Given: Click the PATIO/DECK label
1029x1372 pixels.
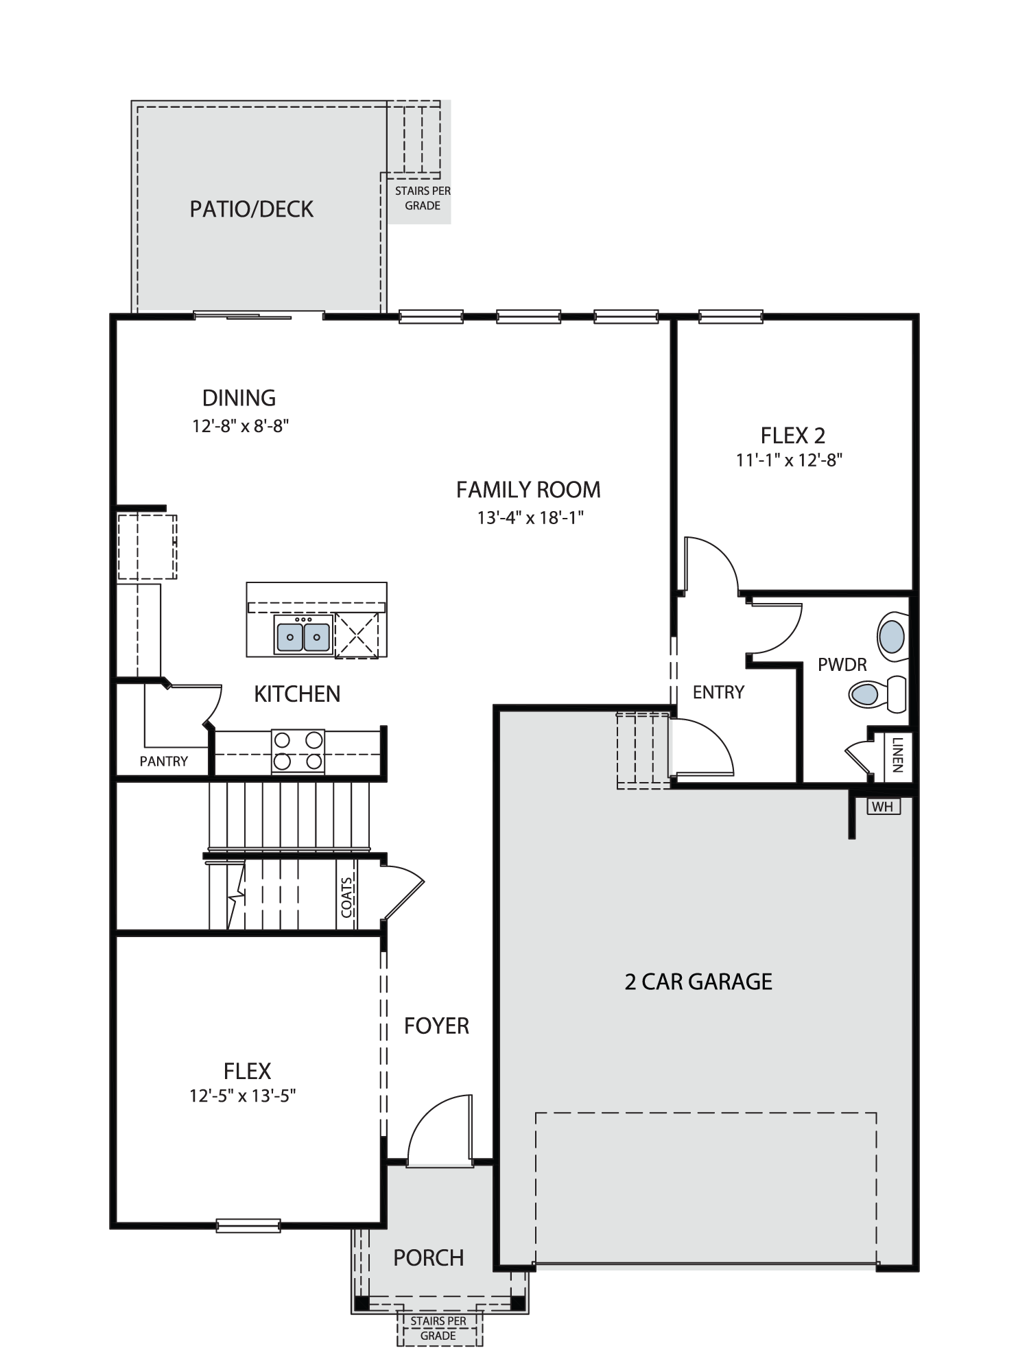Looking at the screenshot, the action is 251,209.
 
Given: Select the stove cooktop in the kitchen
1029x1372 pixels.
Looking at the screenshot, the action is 298,750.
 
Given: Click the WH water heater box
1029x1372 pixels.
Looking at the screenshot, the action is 884,807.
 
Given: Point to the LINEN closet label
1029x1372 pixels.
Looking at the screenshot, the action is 897,755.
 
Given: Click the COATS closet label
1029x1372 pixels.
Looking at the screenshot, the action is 346,897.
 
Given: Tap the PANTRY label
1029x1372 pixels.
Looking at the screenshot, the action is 163,761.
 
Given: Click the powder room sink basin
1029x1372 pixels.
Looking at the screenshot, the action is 892,637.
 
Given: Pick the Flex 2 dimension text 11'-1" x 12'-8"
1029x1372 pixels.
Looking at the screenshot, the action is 789,460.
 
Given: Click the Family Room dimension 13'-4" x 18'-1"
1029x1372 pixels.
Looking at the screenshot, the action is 530,517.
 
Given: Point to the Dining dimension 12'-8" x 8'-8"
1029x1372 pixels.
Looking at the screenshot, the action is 240,426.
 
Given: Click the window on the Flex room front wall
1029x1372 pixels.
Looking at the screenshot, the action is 248,1225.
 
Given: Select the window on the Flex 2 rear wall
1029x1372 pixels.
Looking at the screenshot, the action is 731,316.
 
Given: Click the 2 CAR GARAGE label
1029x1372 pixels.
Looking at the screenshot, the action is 698,982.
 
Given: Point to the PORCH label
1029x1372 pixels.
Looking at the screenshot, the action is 429,1257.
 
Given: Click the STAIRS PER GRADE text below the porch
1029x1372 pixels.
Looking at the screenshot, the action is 438,1328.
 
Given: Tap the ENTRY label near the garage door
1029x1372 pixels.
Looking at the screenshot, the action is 718,692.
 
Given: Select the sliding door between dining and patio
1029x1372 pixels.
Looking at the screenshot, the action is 258,316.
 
